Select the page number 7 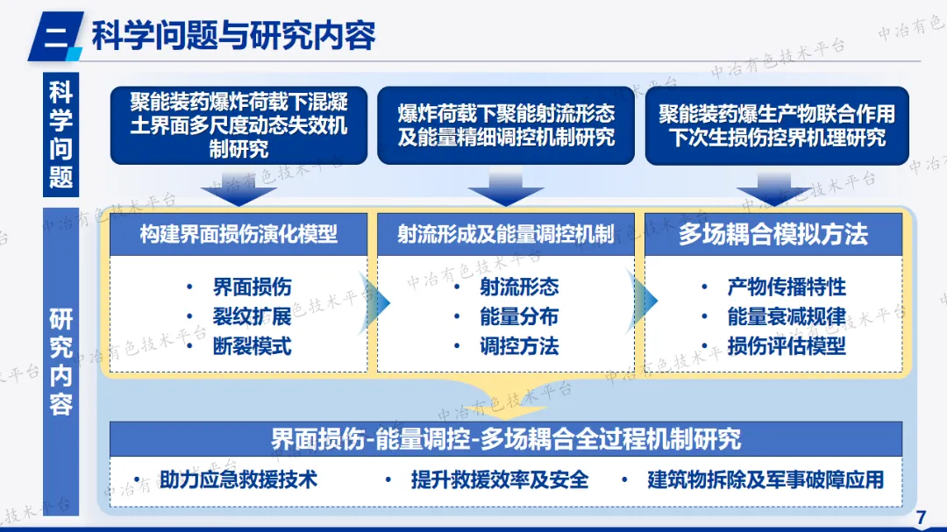pos(921,517)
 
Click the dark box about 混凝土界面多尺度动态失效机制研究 pos(239,125)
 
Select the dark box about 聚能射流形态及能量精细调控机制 pos(506,125)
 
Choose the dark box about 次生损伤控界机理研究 pos(777,125)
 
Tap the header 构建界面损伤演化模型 pos(239,234)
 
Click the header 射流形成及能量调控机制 pos(506,234)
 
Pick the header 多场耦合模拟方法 pos(773,234)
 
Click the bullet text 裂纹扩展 pos(252,316)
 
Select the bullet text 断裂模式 pos(252,345)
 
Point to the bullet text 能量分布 pos(519,316)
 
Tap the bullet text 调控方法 pos(519,345)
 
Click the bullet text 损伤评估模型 pos(787,345)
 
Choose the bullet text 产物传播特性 pos(787,287)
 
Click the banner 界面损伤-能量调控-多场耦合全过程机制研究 pos(506,438)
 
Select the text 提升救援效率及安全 pos(500,479)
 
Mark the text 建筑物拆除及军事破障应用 pos(765,479)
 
